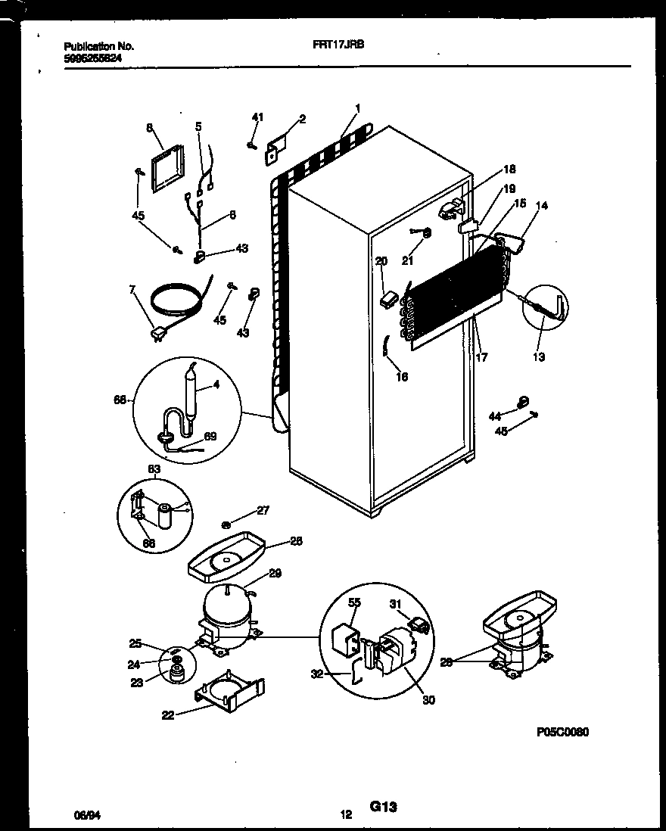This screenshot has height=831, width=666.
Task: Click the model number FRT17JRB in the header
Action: pyautogui.click(x=338, y=45)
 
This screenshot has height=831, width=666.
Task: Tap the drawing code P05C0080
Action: pyautogui.click(x=562, y=732)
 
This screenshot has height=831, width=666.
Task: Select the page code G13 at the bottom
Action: pyautogui.click(x=383, y=808)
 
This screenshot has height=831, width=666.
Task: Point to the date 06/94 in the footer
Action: pyautogui.click(x=86, y=815)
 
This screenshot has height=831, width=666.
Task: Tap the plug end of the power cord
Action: pyautogui.click(x=159, y=333)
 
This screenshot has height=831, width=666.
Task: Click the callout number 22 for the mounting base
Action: pyautogui.click(x=168, y=714)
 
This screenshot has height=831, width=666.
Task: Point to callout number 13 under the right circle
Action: pyautogui.click(x=539, y=357)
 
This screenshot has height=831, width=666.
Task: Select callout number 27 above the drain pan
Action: pyautogui.click(x=263, y=511)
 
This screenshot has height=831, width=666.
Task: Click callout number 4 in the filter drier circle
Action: pyautogui.click(x=216, y=384)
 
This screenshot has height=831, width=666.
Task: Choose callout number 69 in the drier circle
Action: pyautogui.click(x=210, y=437)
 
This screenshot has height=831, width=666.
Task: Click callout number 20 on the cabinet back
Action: pyautogui.click(x=381, y=261)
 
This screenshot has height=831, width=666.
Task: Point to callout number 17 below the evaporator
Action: pyautogui.click(x=481, y=357)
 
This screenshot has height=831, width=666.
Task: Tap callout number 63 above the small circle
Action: pyautogui.click(x=154, y=470)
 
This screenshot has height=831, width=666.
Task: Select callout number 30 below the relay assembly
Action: pyautogui.click(x=428, y=700)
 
